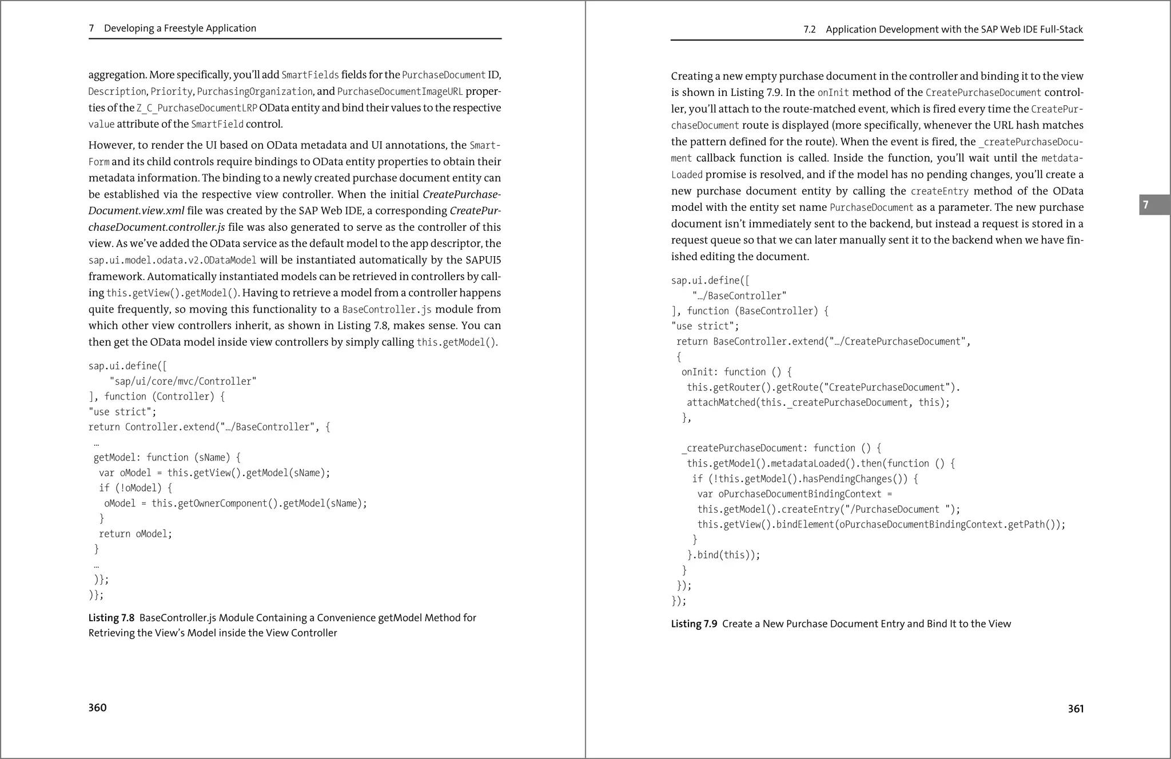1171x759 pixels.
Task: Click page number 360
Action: (x=97, y=708)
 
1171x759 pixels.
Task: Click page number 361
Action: (x=1076, y=709)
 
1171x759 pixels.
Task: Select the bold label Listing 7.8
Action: (x=111, y=618)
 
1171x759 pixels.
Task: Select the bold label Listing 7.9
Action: (x=694, y=624)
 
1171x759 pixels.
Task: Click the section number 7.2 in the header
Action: (x=809, y=30)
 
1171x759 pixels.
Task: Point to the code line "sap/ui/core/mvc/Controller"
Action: (x=182, y=381)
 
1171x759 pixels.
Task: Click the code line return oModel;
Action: (x=135, y=534)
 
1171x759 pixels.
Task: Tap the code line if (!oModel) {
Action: (x=135, y=488)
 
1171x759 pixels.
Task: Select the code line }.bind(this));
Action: (x=723, y=555)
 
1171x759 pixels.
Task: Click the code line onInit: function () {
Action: (x=736, y=372)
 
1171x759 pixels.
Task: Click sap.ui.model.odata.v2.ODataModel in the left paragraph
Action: (x=172, y=261)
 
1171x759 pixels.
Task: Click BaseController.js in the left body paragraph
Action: (x=387, y=310)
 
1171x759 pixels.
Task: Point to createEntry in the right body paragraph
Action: (x=939, y=191)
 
